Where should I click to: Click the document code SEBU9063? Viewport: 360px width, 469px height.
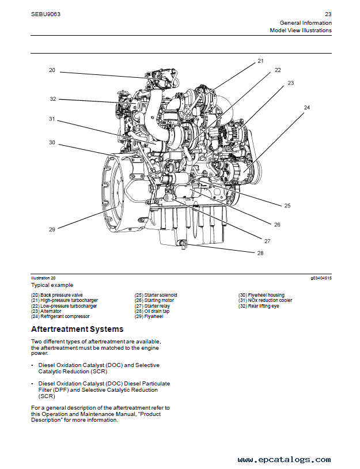46,14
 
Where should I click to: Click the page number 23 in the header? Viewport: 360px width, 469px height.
328,14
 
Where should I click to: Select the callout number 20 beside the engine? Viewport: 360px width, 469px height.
52,70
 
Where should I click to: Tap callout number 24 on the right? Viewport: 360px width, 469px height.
307,108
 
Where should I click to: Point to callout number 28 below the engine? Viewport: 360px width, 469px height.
260,253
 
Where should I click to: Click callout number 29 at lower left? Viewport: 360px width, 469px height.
52,229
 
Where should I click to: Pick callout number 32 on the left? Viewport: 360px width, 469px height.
52,99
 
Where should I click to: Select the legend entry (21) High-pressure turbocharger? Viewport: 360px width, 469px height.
65,300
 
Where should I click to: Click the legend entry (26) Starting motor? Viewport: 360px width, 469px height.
154,300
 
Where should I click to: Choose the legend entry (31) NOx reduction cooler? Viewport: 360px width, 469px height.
265,300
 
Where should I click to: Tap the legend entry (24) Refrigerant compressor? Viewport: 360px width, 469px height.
60,316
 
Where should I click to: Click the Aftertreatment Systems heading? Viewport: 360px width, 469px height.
77,330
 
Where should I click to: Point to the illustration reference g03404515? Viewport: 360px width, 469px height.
321,278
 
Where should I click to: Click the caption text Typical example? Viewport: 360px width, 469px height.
52,285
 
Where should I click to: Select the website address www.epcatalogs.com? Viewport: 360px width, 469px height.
284,460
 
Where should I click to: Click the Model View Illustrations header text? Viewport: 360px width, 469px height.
301,31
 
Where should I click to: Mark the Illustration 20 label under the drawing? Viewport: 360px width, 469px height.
43,278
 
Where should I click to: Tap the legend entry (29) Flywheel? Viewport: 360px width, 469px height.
149,316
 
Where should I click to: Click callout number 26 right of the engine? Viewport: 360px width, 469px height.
276,225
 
